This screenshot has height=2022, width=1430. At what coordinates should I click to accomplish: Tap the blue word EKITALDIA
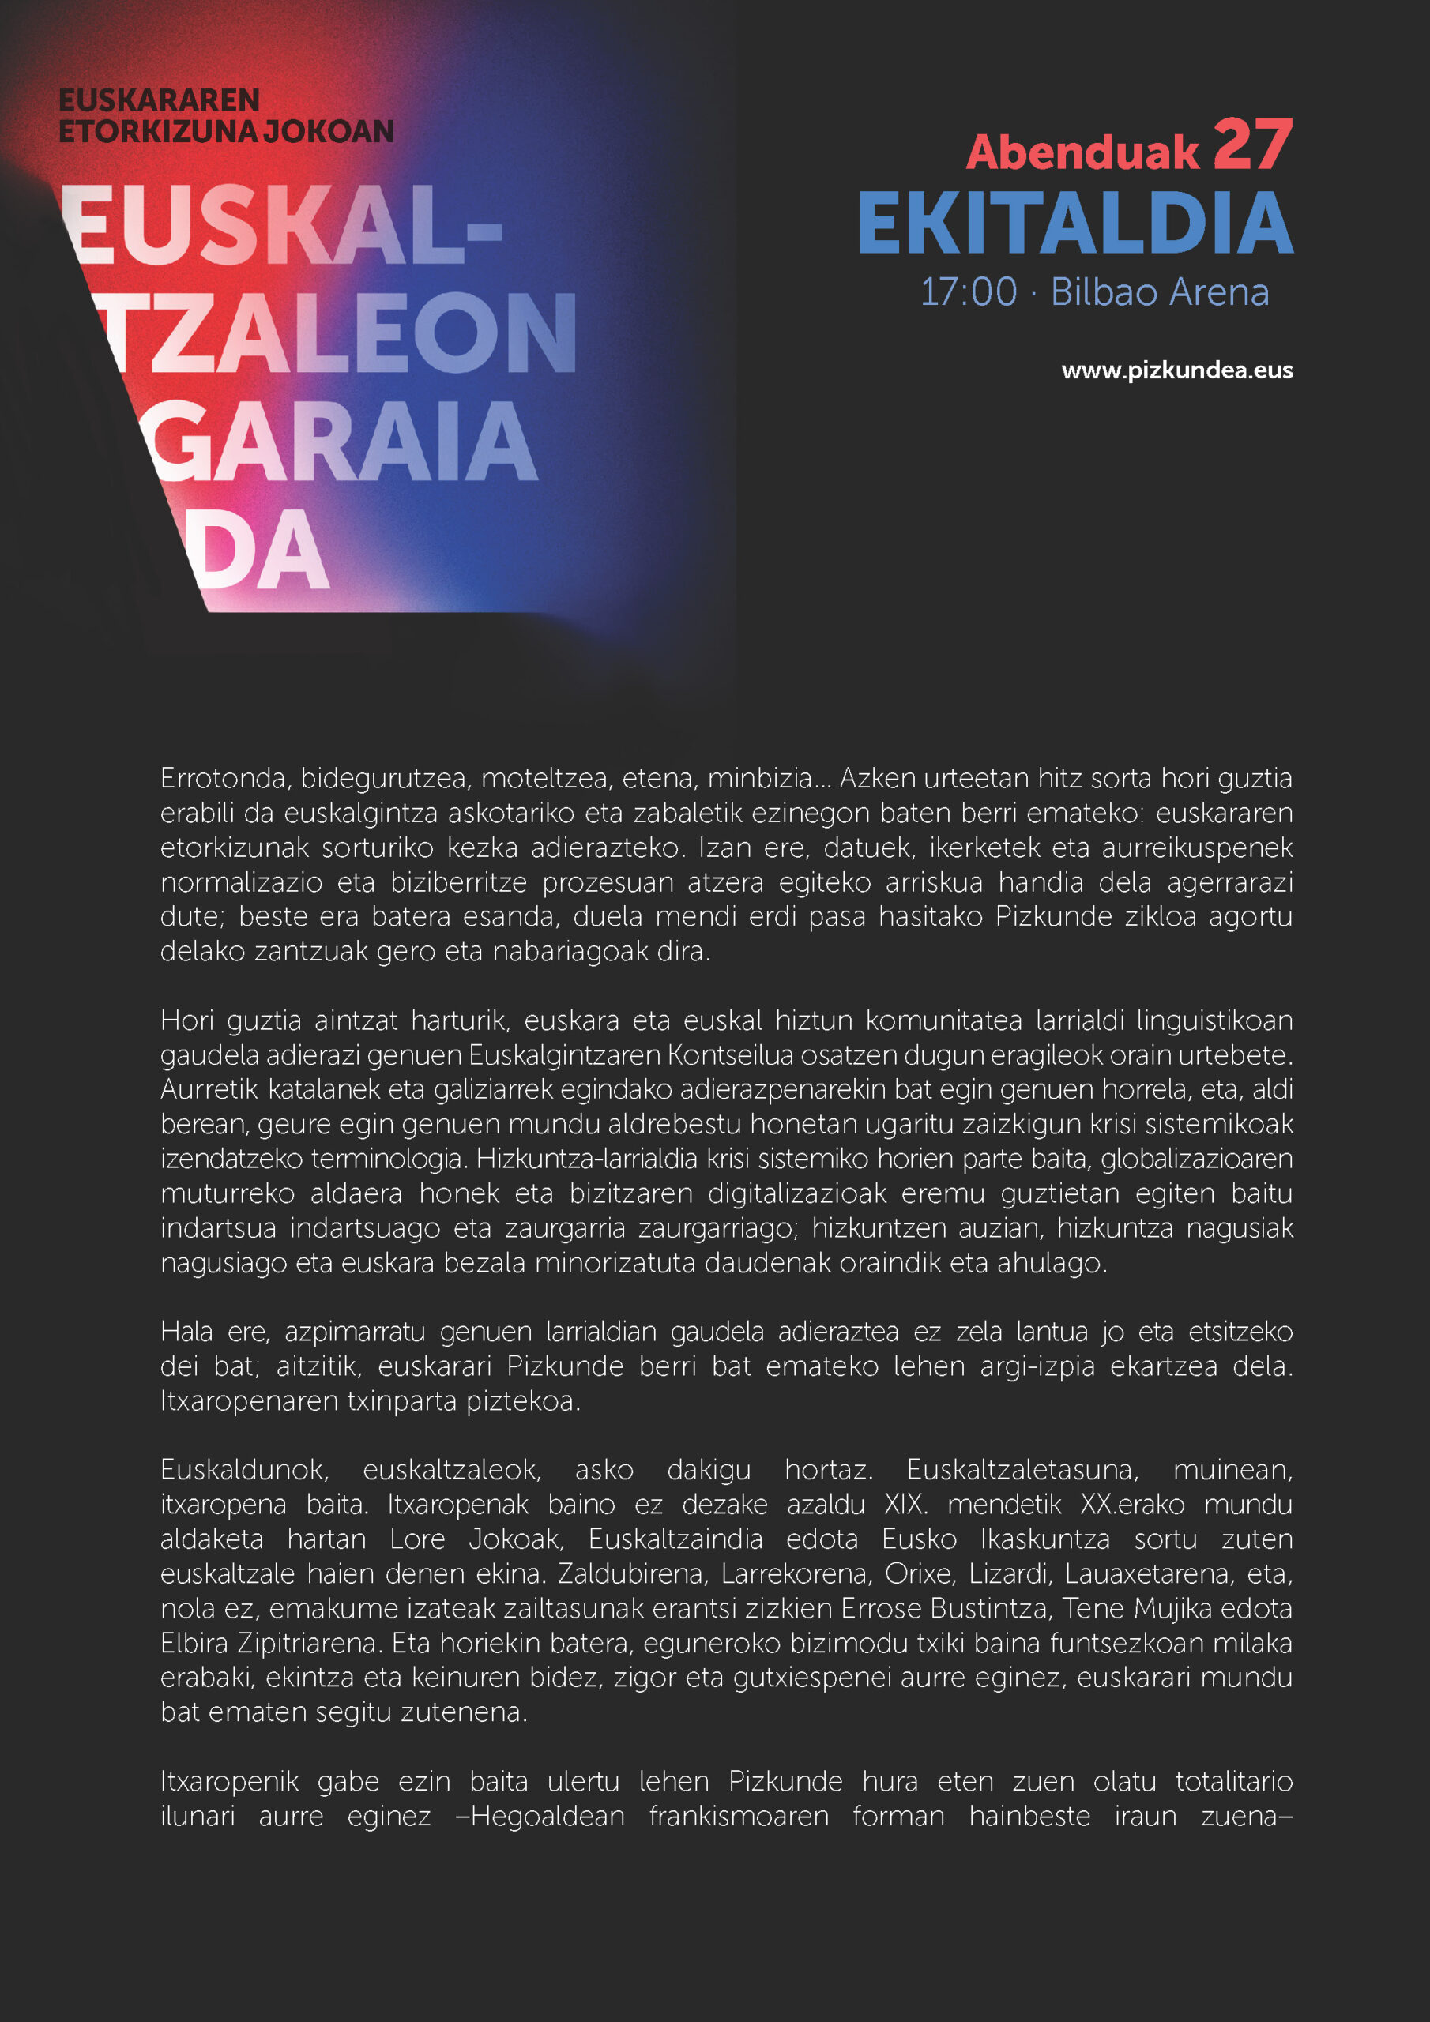pyautogui.click(x=1075, y=224)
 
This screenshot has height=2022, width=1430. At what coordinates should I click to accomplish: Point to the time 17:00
pyautogui.click(x=969, y=292)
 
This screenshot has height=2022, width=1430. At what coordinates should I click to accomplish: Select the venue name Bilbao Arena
pyautogui.click(x=1160, y=292)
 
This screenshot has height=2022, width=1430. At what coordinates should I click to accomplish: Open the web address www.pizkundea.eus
pyautogui.click(x=1176, y=370)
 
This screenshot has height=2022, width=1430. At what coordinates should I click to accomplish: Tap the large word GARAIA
pyautogui.click(x=339, y=442)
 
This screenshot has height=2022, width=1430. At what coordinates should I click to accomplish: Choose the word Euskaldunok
pyautogui.click(x=244, y=1470)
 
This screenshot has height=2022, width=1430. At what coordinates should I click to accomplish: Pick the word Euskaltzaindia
pyautogui.click(x=675, y=1539)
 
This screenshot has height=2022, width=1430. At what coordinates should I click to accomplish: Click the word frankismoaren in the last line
pyautogui.click(x=739, y=1817)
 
